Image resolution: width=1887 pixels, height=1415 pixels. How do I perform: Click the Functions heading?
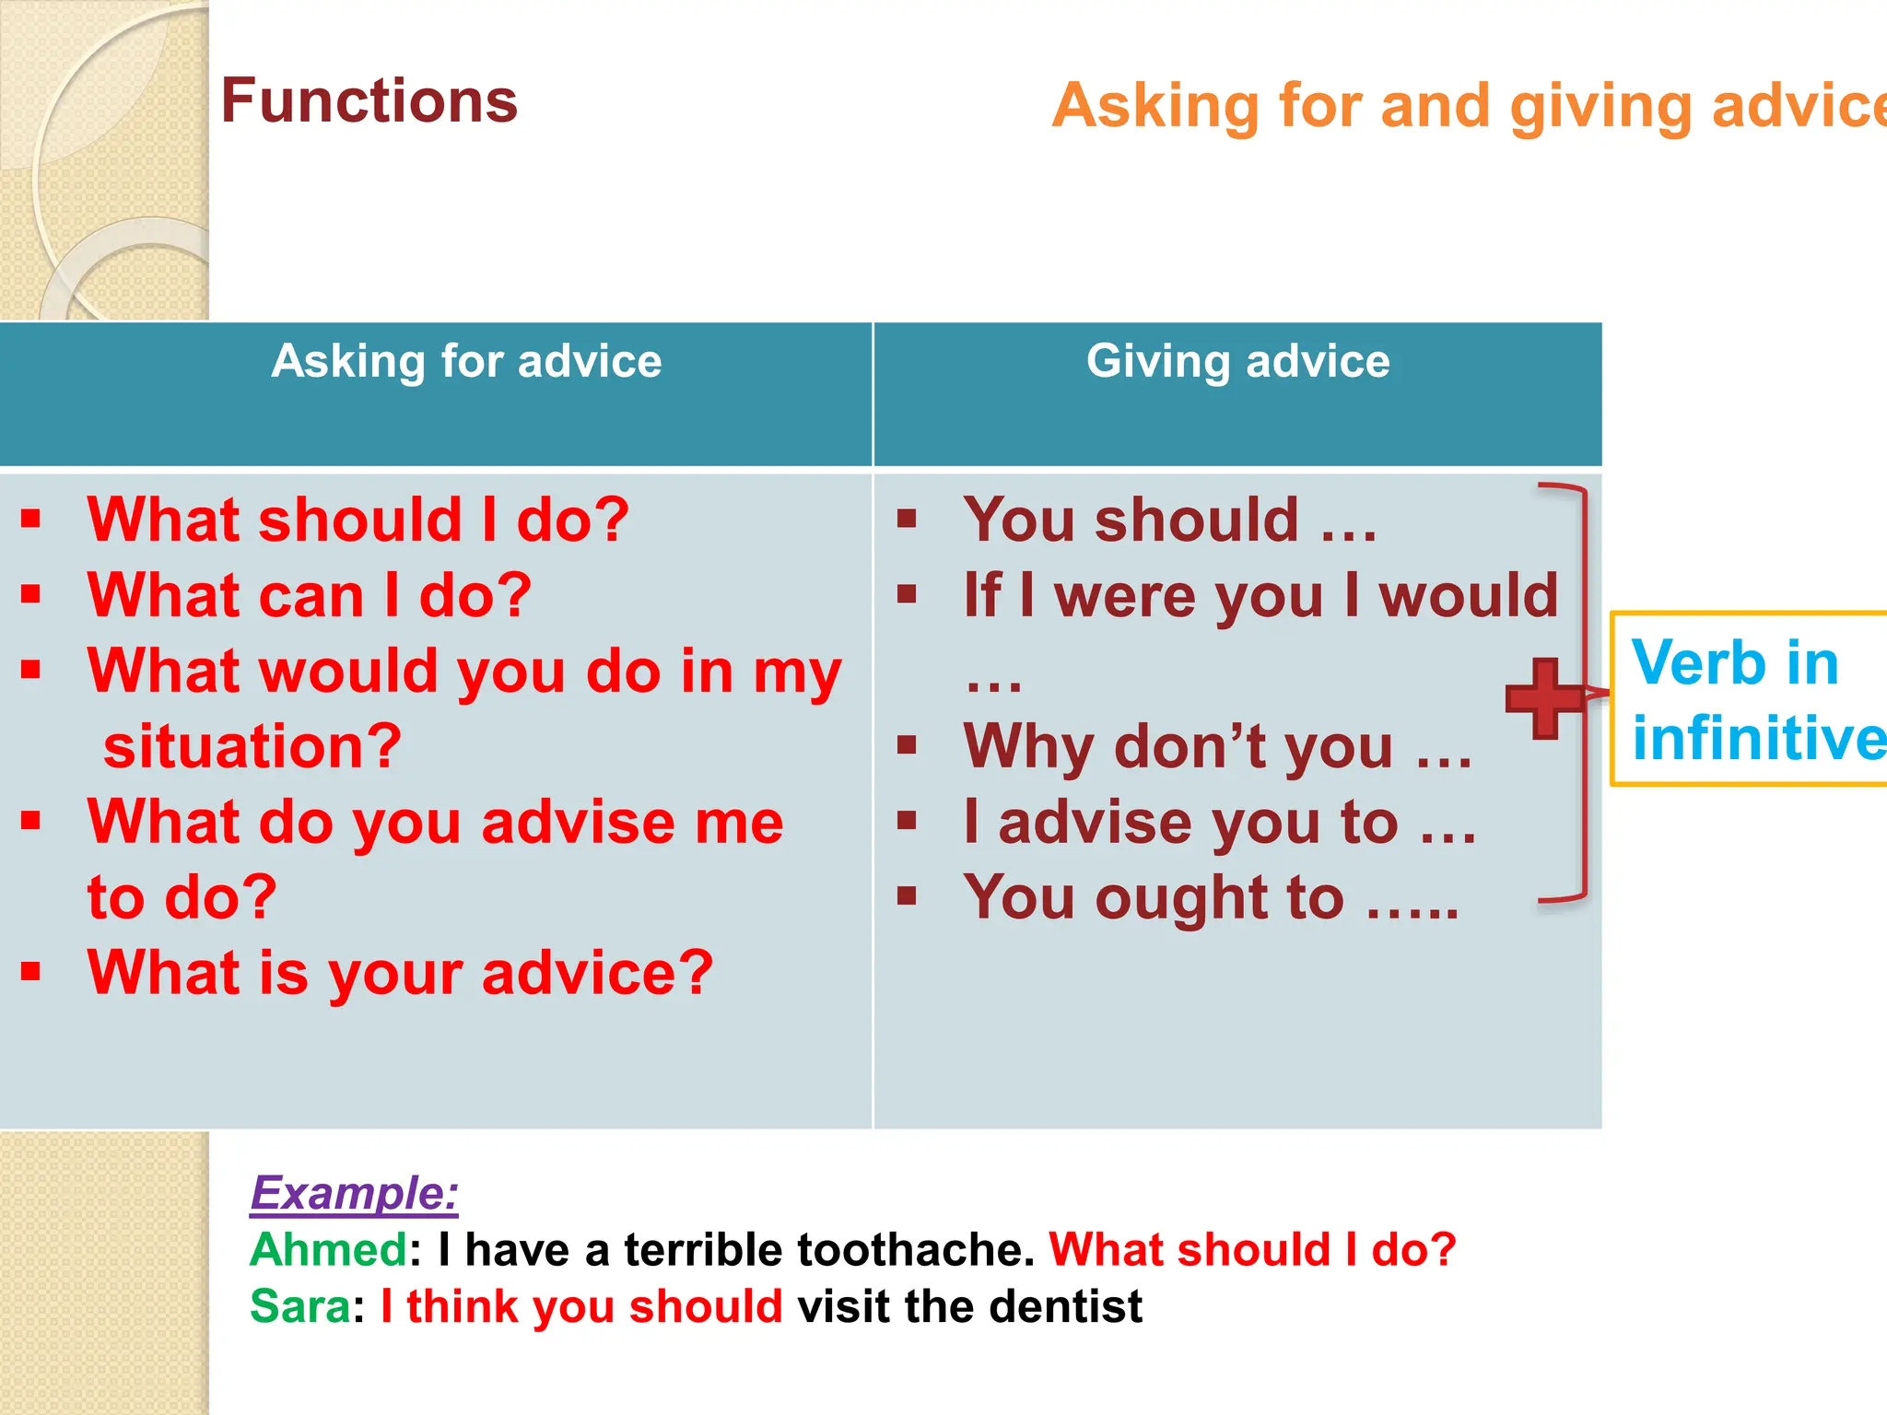[x=369, y=100]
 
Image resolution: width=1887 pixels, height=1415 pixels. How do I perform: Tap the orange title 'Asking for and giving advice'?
[x=1469, y=106]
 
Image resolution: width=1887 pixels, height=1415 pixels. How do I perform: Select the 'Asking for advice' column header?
[x=466, y=361]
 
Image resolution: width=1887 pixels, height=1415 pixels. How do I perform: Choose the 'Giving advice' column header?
[x=1237, y=361]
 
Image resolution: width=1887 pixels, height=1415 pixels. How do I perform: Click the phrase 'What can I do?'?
[x=310, y=595]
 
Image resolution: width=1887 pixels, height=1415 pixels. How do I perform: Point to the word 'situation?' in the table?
[x=252, y=746]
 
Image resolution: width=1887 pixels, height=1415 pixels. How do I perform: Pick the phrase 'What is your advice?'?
[x=400, y=973]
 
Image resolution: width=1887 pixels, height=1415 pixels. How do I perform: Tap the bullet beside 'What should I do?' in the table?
[x=31, y=519]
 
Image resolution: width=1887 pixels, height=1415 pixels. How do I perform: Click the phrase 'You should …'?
[x=1169, y=520]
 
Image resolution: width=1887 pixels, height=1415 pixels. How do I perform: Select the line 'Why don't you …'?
[x=1217, y=746]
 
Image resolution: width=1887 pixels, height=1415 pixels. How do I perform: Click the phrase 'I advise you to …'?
[x=1219, y=822]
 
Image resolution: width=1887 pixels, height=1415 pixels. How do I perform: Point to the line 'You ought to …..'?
[x=1211, y=897]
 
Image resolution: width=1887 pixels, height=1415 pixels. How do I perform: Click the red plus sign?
[x=1545, y=698]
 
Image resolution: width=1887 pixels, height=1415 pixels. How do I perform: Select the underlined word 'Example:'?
[x=355, y=1193]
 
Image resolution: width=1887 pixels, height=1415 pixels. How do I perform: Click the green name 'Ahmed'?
[x=328, y=1250]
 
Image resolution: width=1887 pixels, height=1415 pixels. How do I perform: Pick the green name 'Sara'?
[x=299, y=1307]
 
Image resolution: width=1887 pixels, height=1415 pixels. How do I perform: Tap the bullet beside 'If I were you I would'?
[x=908, y=595]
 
